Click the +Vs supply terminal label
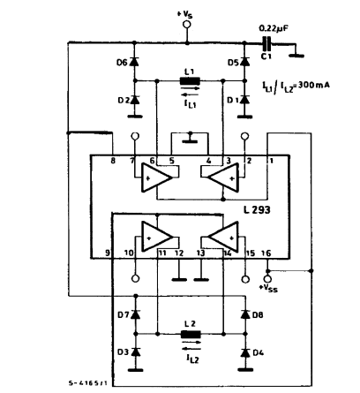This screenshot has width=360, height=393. [186, 14]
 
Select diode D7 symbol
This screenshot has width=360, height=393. [135, 315]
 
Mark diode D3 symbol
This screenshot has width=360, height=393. [135, 352]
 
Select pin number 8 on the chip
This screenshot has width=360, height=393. [114, 160]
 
